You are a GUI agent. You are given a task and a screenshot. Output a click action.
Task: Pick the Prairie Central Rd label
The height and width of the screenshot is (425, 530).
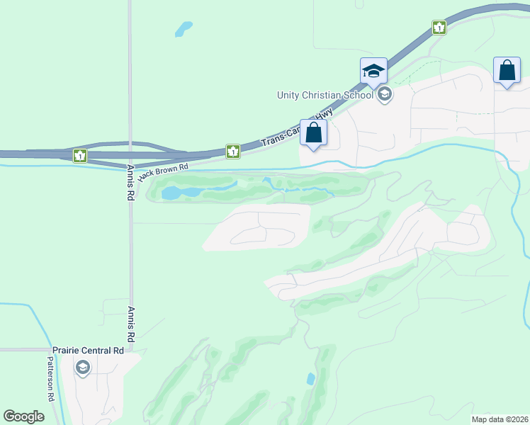[x=89, y=350]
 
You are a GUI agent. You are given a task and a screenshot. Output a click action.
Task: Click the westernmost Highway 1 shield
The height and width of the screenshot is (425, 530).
[x=81, y=154]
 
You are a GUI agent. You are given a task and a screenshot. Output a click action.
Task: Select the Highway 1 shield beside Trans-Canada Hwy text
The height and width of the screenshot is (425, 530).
[x=232, y=151]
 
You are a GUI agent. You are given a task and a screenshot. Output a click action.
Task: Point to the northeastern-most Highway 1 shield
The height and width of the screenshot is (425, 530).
[x=439, y=28]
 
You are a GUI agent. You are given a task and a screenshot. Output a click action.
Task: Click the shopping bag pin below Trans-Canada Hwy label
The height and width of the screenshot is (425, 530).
[x=314, y=133]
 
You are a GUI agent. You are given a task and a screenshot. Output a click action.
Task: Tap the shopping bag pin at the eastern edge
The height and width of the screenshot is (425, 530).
[x=507, y=71]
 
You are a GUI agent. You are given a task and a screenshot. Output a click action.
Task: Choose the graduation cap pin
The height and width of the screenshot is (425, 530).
[x=373, y=71]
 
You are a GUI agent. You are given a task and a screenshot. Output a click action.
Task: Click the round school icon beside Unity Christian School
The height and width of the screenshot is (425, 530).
[x=385, y=94]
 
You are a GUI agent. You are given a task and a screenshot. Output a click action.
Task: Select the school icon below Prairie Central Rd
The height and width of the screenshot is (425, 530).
[x=83, y=367]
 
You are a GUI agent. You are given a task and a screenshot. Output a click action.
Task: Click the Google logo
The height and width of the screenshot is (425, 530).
[x=24, y=416]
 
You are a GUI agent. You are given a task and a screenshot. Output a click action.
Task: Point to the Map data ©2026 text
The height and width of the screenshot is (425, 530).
[x=500, y=419]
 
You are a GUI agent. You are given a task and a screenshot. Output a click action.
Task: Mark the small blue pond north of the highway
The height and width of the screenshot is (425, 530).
[x=184, y=29]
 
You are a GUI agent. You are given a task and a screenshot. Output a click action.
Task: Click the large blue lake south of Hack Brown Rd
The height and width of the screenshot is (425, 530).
[x=172, y=193]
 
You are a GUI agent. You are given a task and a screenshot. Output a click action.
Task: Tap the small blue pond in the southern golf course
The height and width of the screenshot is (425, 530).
[x=310, y=379]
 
